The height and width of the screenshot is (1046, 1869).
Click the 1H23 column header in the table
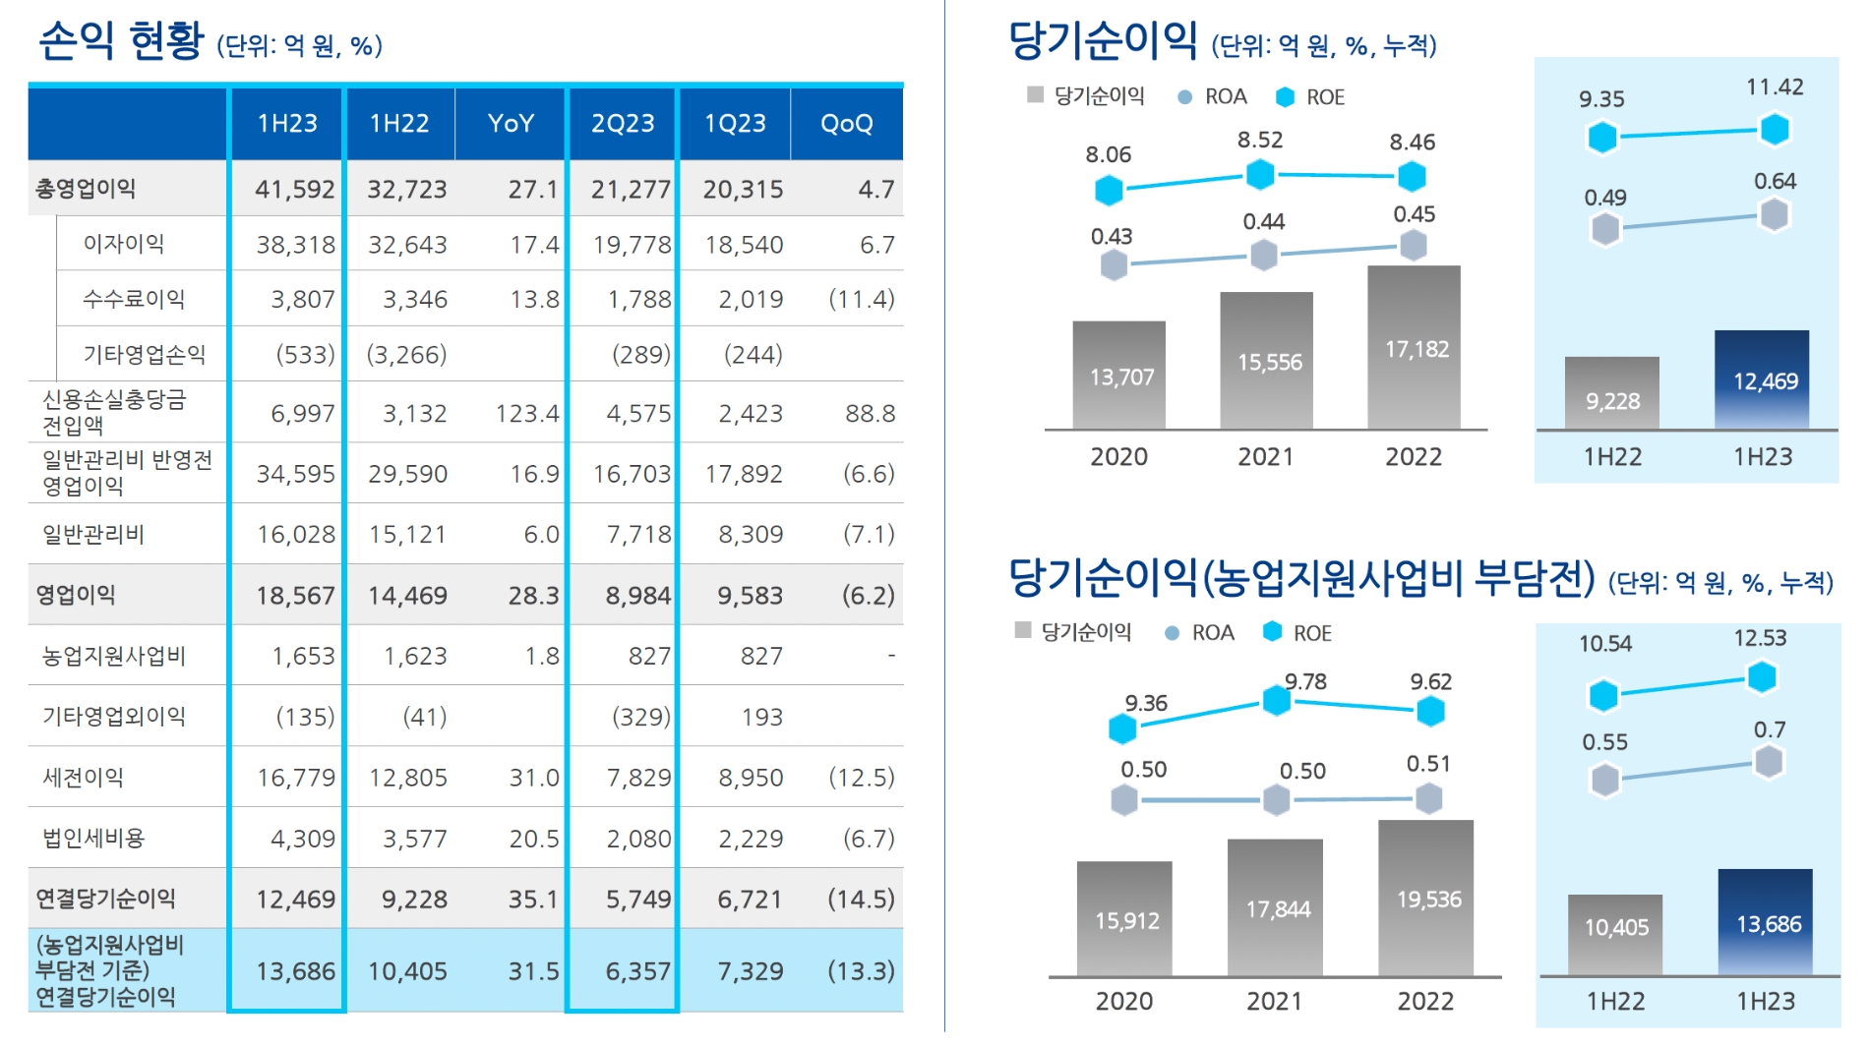coord(287,124)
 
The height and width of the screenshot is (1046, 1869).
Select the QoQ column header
coord(846,124)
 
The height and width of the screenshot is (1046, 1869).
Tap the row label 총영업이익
coord(86,189)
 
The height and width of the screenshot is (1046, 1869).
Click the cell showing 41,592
coord(294,189)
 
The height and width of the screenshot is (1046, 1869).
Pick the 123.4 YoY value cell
coord(526,413)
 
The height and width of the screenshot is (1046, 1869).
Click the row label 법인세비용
coord(93,838)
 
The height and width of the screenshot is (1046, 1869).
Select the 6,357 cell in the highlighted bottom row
coord(637,971)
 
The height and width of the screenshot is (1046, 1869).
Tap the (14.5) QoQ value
coord(861,899)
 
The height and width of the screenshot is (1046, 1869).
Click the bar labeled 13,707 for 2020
coord(1119,376)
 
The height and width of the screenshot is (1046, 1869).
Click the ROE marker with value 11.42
coord(1775,129)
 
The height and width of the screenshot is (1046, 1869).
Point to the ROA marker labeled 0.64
coord(1774,214)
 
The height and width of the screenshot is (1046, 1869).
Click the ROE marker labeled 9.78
coord(1277,700)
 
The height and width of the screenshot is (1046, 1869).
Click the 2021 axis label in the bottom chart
coord(1274,1001)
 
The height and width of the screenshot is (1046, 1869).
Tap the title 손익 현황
coord(121,41)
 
